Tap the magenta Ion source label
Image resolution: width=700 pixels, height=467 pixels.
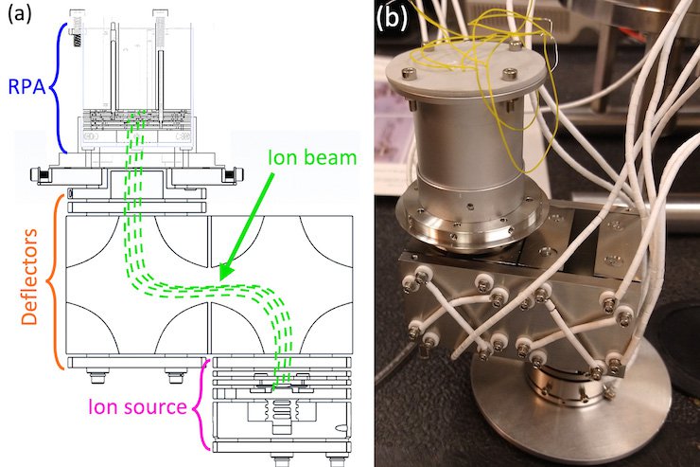click(x=137, y=407)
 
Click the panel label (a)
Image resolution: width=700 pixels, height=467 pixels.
click(x=20, y=16)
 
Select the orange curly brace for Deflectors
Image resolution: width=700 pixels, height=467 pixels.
click(x=58, y=281)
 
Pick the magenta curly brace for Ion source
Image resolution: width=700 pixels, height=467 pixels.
click(x=201, y=407)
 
